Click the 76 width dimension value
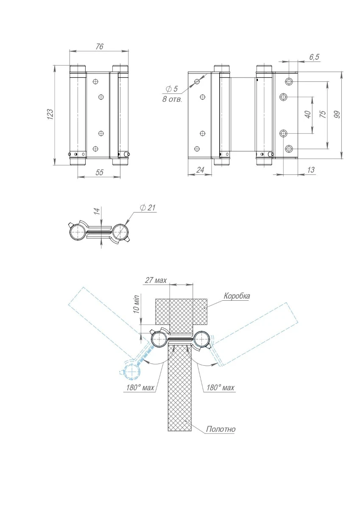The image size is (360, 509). coord(99,47)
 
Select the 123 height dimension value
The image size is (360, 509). coord(50,114)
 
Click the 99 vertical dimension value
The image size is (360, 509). coord(337,115)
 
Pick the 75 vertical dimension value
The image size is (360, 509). coord(322,115)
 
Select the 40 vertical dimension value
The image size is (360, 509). coord(308,115)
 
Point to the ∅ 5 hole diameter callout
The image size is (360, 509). coord(172,89)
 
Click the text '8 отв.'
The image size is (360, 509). coord(169,100)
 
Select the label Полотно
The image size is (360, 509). coord(220,429)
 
